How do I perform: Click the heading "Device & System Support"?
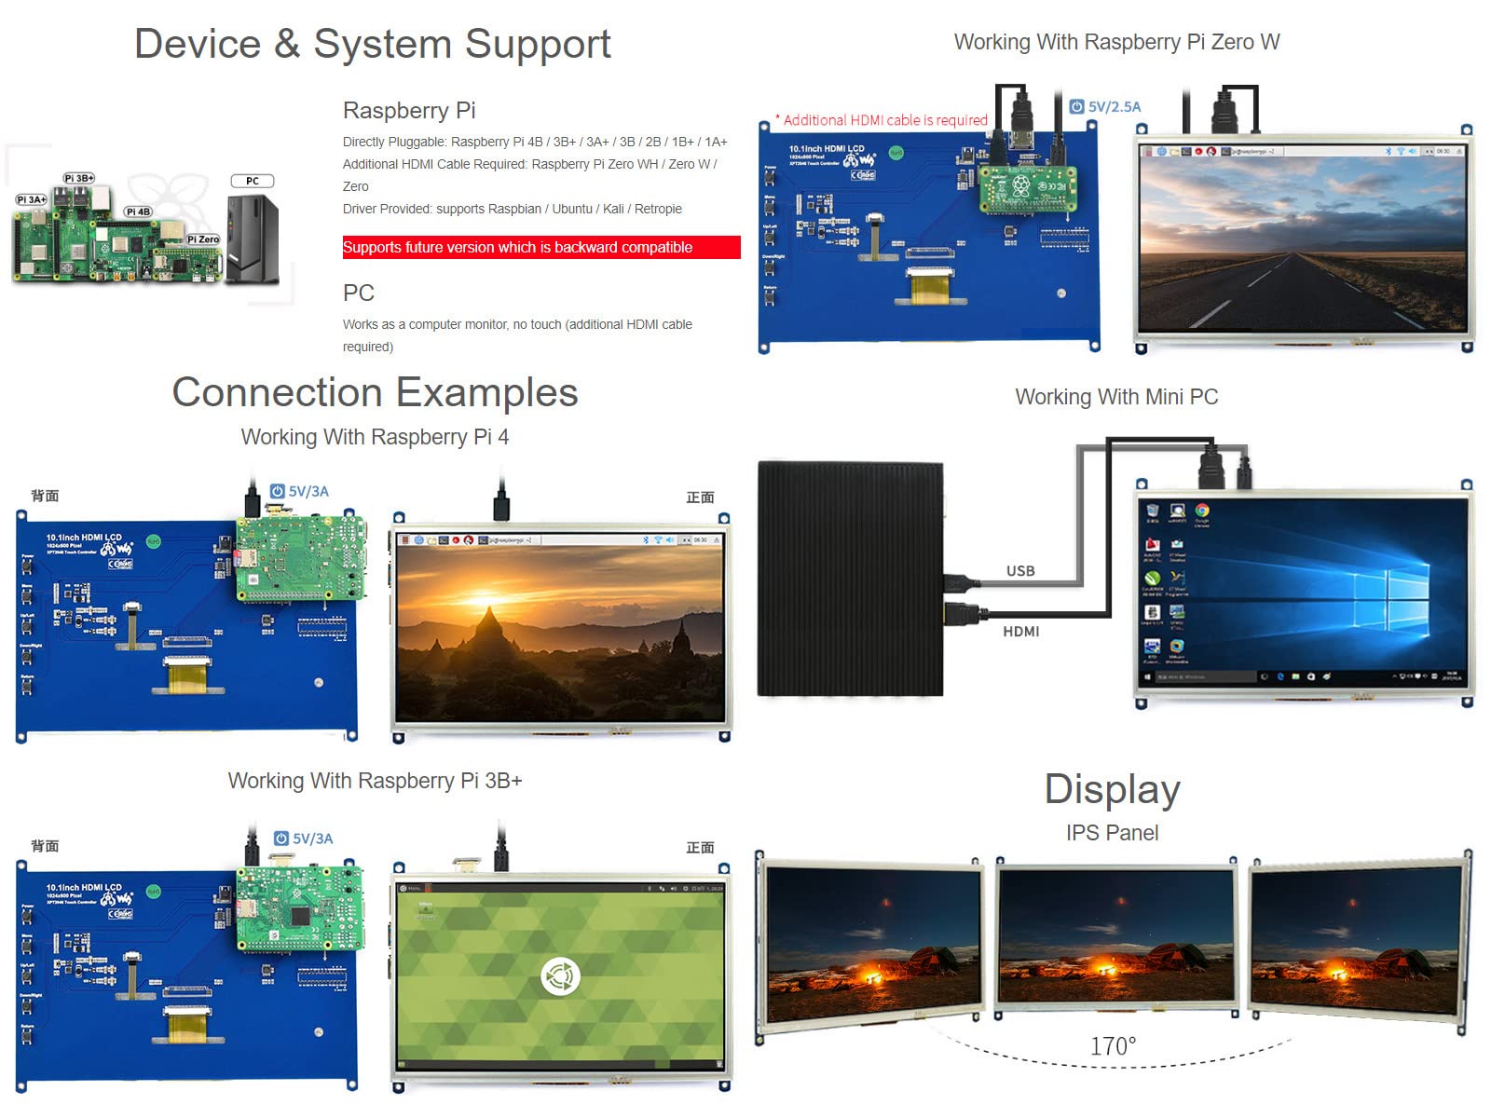(373, 44)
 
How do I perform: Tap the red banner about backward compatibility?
(540, 247)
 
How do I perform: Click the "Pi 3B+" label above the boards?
(79, 178)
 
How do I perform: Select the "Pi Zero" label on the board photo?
(203, 239)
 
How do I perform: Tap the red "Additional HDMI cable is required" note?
(884, 120)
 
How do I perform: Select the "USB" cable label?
(1020, 571)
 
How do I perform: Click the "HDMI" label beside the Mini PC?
(1021, 632)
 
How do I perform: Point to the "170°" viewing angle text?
(1114, 1046)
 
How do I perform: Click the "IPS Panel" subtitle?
(1112, 833)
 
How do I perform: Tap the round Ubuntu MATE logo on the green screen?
(560, 976)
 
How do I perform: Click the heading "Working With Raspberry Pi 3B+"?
(375, 781)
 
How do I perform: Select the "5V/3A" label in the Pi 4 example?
(308, 492)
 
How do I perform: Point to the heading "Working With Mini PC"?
(1116, 397)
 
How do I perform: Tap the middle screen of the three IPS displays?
(1115, 936)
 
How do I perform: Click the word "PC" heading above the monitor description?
(359, 293)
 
